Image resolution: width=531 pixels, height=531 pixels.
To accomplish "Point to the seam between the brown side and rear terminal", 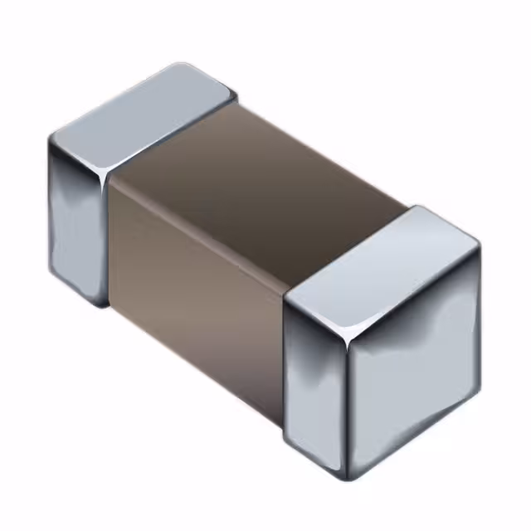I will [110, 241].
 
